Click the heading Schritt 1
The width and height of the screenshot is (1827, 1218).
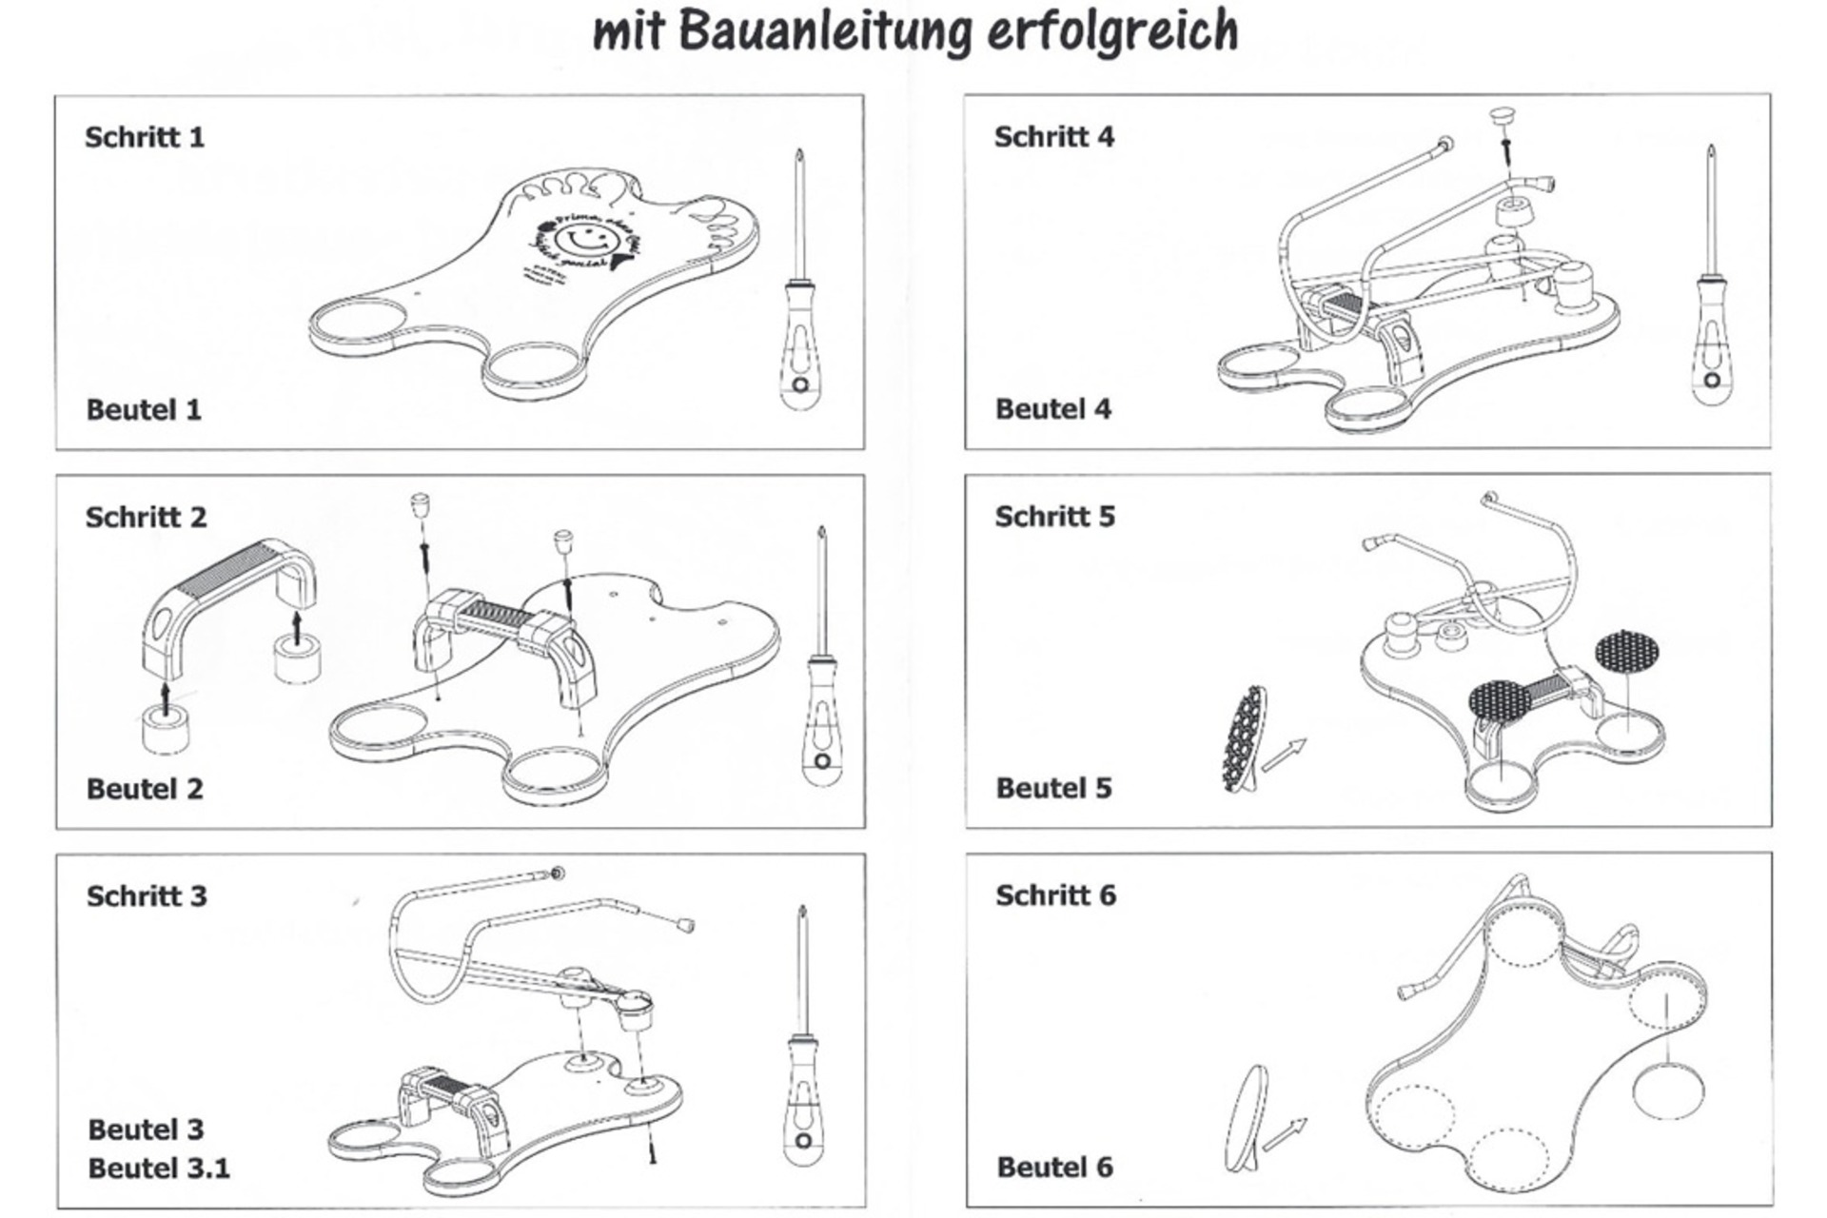145,137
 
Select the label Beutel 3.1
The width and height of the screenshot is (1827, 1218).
159,1168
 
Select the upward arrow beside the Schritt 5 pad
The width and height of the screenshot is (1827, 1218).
1285,754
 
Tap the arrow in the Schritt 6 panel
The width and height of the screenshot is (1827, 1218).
1285,1132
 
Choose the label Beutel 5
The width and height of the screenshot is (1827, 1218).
1053,788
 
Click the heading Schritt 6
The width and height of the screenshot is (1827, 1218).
1055,895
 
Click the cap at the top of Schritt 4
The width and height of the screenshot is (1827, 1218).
1503,117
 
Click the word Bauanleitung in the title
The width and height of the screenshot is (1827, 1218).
824,30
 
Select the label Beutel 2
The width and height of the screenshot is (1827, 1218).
145,789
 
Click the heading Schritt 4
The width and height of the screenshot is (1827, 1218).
1054,137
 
